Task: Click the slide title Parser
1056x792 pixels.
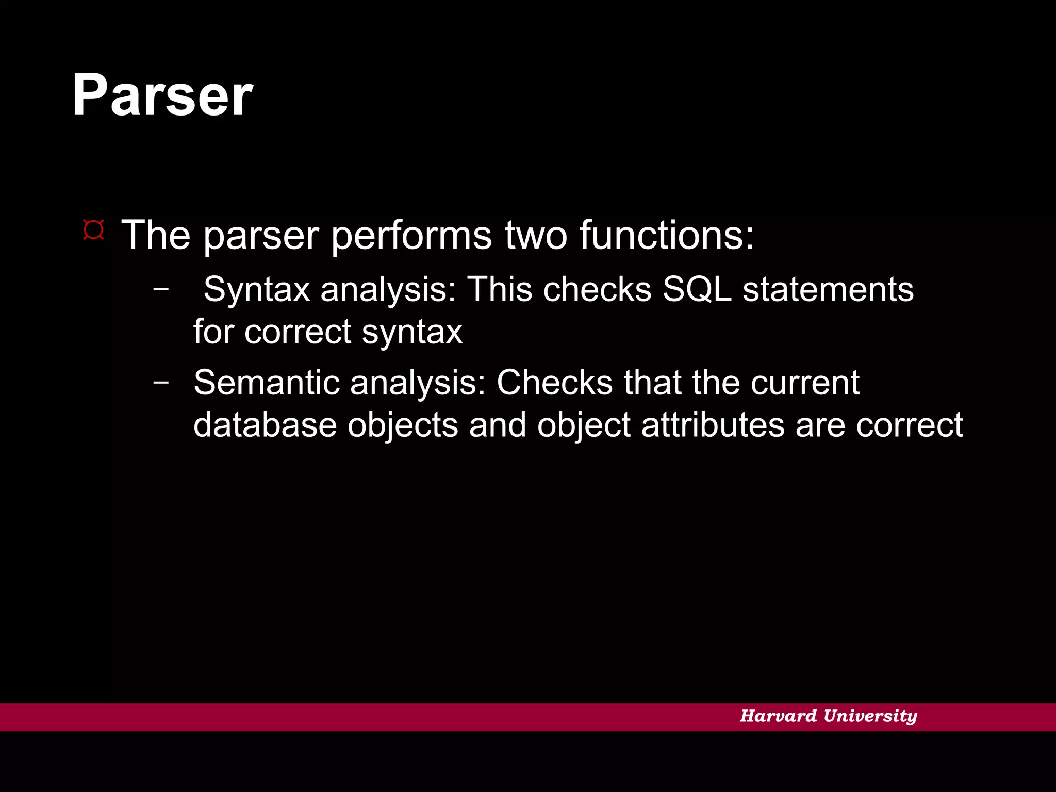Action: (x=162, y=95)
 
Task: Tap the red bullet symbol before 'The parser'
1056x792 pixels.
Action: (x=93, y=230)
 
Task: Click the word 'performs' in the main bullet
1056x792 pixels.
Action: (x=411, y=235)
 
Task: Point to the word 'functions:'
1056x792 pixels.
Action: (x=666, y=235)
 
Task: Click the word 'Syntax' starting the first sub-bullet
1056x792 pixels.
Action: (x=256, y=290)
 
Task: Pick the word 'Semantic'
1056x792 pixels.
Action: (x=267, y=383)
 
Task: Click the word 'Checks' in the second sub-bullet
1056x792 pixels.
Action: (x=554, y=383)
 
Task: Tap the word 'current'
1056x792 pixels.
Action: (x=805, y=383)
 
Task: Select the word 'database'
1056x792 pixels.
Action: (x=265, y=425)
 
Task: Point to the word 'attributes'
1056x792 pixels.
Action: (x=713, y=425)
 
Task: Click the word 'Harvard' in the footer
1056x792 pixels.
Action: (x=778, y=716)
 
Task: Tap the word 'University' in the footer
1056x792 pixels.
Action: (x=870, y=716)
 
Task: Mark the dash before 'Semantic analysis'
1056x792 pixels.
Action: (x=161, y=382)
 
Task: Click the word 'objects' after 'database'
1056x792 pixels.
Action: (x=403, y=426)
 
